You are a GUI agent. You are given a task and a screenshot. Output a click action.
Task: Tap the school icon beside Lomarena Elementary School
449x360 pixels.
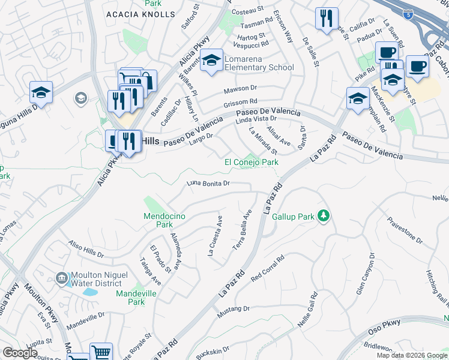[211, 61]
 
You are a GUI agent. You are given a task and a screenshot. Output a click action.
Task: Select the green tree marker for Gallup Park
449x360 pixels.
[324, 215]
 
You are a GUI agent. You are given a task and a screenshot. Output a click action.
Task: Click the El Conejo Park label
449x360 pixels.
[252, 162]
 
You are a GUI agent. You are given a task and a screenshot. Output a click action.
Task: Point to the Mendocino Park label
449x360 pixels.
[158, 220]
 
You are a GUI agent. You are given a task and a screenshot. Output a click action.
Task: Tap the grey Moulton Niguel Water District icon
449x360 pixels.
[61, 278]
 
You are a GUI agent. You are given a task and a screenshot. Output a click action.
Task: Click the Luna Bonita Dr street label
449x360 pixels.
[208, 183]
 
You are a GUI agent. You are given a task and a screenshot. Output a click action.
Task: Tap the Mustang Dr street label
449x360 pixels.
[232, 308]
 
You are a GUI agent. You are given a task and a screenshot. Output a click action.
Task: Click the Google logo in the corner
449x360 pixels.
[20, 353]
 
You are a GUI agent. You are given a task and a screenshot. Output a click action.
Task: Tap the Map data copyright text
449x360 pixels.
[412, 355]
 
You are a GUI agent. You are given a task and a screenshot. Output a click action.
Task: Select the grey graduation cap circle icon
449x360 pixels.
[80, 98]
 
